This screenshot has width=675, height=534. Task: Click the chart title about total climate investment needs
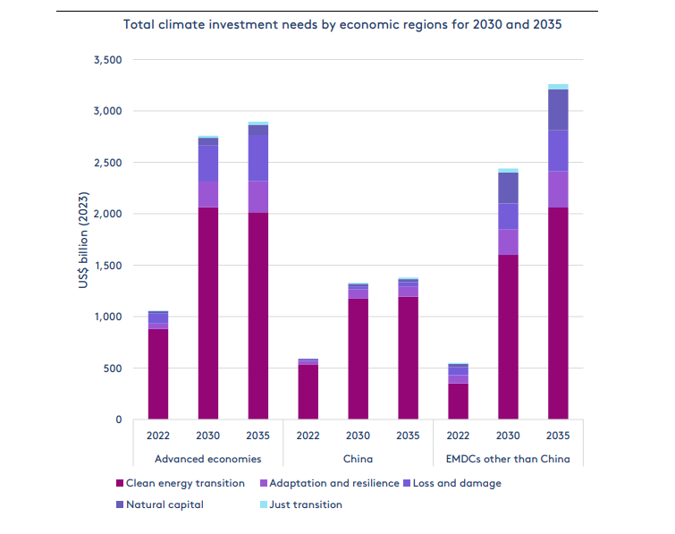(342, 24)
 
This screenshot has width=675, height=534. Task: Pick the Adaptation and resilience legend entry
(331, 483)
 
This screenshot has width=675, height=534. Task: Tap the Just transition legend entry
(305, 504)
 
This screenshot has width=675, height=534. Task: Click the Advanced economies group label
(207, 459)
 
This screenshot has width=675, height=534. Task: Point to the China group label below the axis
(358, 459)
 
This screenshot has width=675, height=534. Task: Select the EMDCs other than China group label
(508, 459)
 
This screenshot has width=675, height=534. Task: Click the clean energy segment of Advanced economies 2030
(207, 313)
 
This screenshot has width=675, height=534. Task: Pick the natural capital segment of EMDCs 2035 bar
(558, 110)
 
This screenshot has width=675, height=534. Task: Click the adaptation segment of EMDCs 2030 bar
(508, 242)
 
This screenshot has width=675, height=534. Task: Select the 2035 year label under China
(408, 437)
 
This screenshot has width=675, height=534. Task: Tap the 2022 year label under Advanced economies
(157, 437)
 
